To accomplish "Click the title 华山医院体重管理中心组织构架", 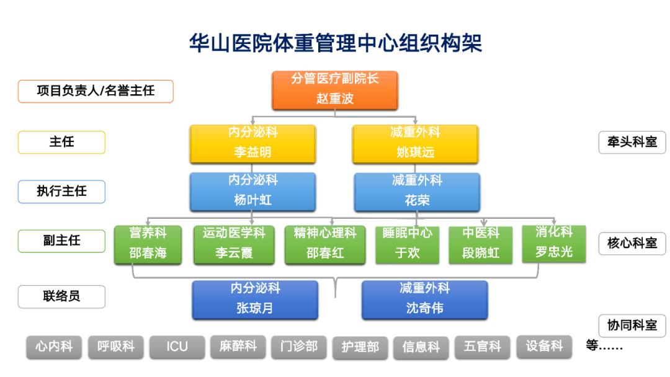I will click(335, 43).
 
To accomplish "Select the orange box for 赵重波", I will click(335, 89).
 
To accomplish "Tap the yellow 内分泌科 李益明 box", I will click(252, 143).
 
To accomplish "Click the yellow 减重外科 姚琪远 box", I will click(415, 143).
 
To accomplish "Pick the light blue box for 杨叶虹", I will click(252, 190).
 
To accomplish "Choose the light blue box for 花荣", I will click(417, 190).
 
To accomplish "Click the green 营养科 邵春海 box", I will click(148, 244).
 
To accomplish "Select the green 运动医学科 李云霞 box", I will click(234, 244).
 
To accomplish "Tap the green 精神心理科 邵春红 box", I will click(325, 244).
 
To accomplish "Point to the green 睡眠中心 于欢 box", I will click(408, 244).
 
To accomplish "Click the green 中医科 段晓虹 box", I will click(481, 244).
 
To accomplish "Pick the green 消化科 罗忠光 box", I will click(554, 242).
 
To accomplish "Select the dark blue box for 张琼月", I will click(255, 299).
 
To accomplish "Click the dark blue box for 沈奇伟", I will click(424, 299).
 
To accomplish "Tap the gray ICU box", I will click(177, 347).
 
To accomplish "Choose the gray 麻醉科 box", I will click(238, 346).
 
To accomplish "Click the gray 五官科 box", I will click(482, 347).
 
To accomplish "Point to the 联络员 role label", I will click(61, 296).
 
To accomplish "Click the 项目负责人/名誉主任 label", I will click(96, 91).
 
